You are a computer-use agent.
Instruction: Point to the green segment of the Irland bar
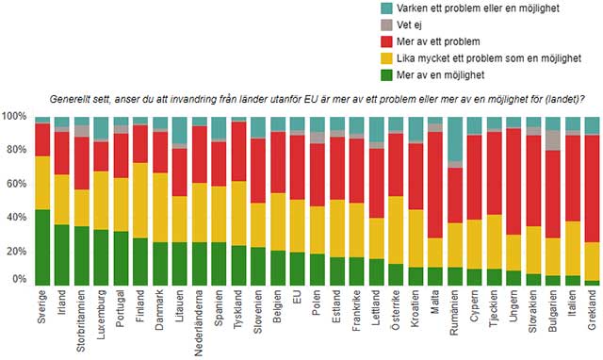(61, 254)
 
